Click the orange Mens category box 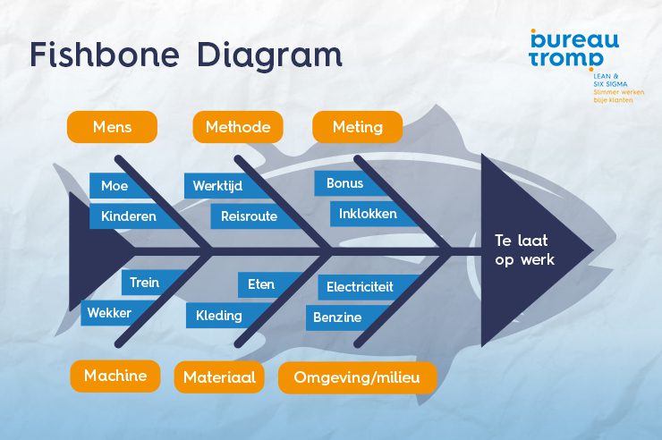coord(112,127)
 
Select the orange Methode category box coord(237,127)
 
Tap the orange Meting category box coord(357,127)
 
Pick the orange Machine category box coord(115,376)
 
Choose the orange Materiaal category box coord(219,377)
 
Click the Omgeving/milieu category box coord(358,377)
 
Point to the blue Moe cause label coord(115,185)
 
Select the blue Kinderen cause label coord(128,216)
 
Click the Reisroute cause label coord(250,216)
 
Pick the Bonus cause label coord(345,183)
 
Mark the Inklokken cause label coord(367,214)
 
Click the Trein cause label coord(144,283)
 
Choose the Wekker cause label coord(109,313)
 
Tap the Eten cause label coord(260,284)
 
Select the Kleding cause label coord(219,315)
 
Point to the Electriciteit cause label coord(360,287)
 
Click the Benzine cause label coord(337,317)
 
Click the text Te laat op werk coord(525,250)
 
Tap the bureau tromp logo coord(573,48)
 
